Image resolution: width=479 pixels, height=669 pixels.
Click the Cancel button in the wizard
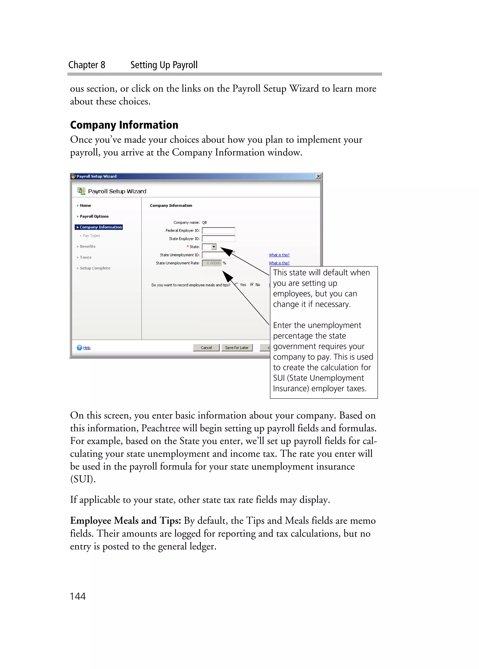tap(206, 347)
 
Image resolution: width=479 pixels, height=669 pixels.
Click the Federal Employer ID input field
tap(218, 230)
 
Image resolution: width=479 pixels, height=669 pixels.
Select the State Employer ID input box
tap(218, 239)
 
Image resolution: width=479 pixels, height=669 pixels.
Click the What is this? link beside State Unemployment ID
tap(279, 255)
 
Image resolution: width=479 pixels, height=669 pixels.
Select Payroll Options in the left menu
tap(94, 216)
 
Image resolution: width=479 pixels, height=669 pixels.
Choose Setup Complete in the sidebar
tap(95, 268)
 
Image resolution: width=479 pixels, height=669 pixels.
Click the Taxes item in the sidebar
tap(85, 257)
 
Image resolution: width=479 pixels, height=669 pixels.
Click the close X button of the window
tap(318, 176)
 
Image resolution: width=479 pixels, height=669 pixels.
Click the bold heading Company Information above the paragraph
tap(124, 125)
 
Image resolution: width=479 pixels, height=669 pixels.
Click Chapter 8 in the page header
tap(87, 65)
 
